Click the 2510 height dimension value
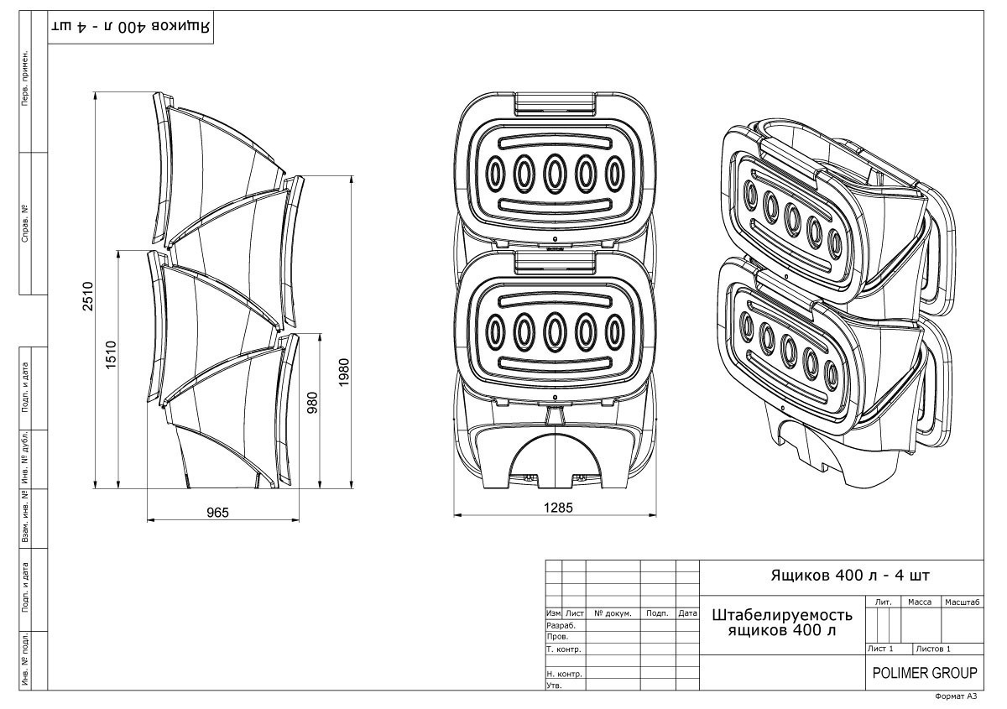[x=88, y=296]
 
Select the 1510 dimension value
[x=111, y=355]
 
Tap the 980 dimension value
[x=312, y=403]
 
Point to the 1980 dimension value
[x=344, y=373]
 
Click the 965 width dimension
[x=217, y=512]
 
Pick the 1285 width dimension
[x=558, y=508]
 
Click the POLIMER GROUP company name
[x=925, y=673]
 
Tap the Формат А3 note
[x=956, y=696]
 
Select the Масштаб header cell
[x=962, y=602]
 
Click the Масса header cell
[x=920, y=602]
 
